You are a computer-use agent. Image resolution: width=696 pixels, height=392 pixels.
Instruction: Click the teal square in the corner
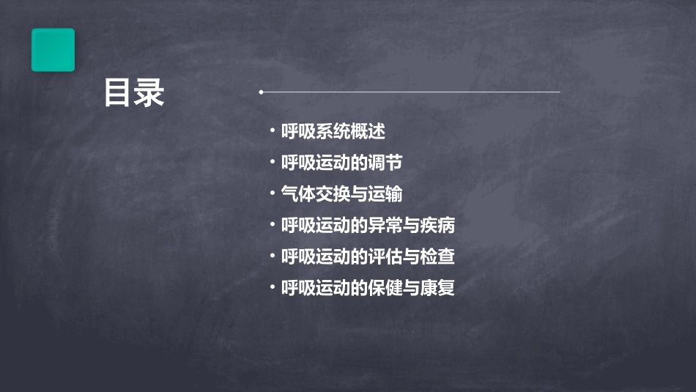[x=53, y=50]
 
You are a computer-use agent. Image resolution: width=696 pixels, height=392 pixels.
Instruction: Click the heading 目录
[x=134, y=94]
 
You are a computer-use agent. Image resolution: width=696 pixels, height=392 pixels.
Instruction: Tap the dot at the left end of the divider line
[x=261, y=92]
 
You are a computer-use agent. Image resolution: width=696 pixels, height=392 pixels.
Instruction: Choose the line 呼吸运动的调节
[x=341, y=163]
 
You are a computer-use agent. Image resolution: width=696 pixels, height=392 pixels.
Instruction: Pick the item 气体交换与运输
[x=341, y=194]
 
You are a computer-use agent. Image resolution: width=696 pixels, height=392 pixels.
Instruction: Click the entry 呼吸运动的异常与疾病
[x=368, y=226]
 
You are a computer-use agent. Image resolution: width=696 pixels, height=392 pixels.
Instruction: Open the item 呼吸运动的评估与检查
[x=368, y=256]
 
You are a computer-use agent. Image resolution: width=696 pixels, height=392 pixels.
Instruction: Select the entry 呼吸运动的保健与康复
[x=368, y=288]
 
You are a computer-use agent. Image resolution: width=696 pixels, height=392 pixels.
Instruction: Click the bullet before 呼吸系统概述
[x=273, y=131]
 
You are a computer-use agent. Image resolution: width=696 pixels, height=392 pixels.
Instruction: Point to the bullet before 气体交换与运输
[x=273, y=193]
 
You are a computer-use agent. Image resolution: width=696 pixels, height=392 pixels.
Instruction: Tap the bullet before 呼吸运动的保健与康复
[x=273, y=287]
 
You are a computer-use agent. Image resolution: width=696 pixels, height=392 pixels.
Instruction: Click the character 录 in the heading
[x=150, y=94]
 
